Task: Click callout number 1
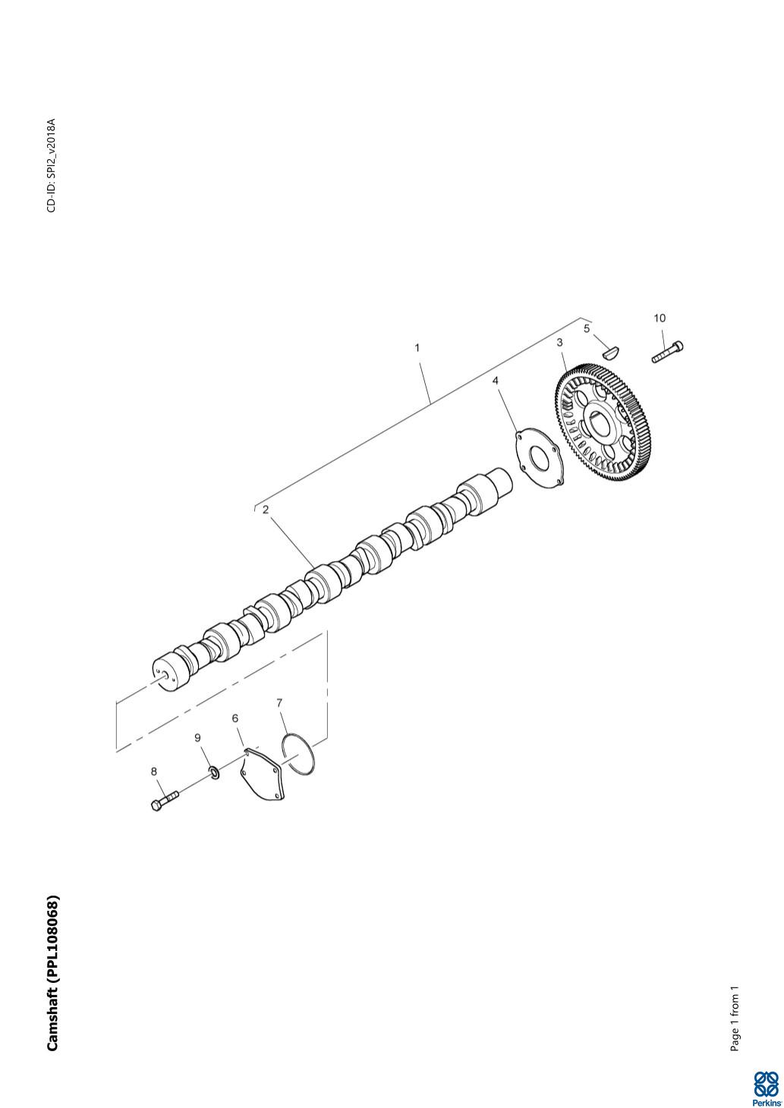point(417,348)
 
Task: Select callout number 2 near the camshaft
point(266,510)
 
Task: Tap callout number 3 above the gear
point(560,342)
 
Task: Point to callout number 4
point(496,381)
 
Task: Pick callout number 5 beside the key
point(587,328)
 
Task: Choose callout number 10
point(660,318)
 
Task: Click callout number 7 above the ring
point(279,703)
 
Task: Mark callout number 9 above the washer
point(197,738)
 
